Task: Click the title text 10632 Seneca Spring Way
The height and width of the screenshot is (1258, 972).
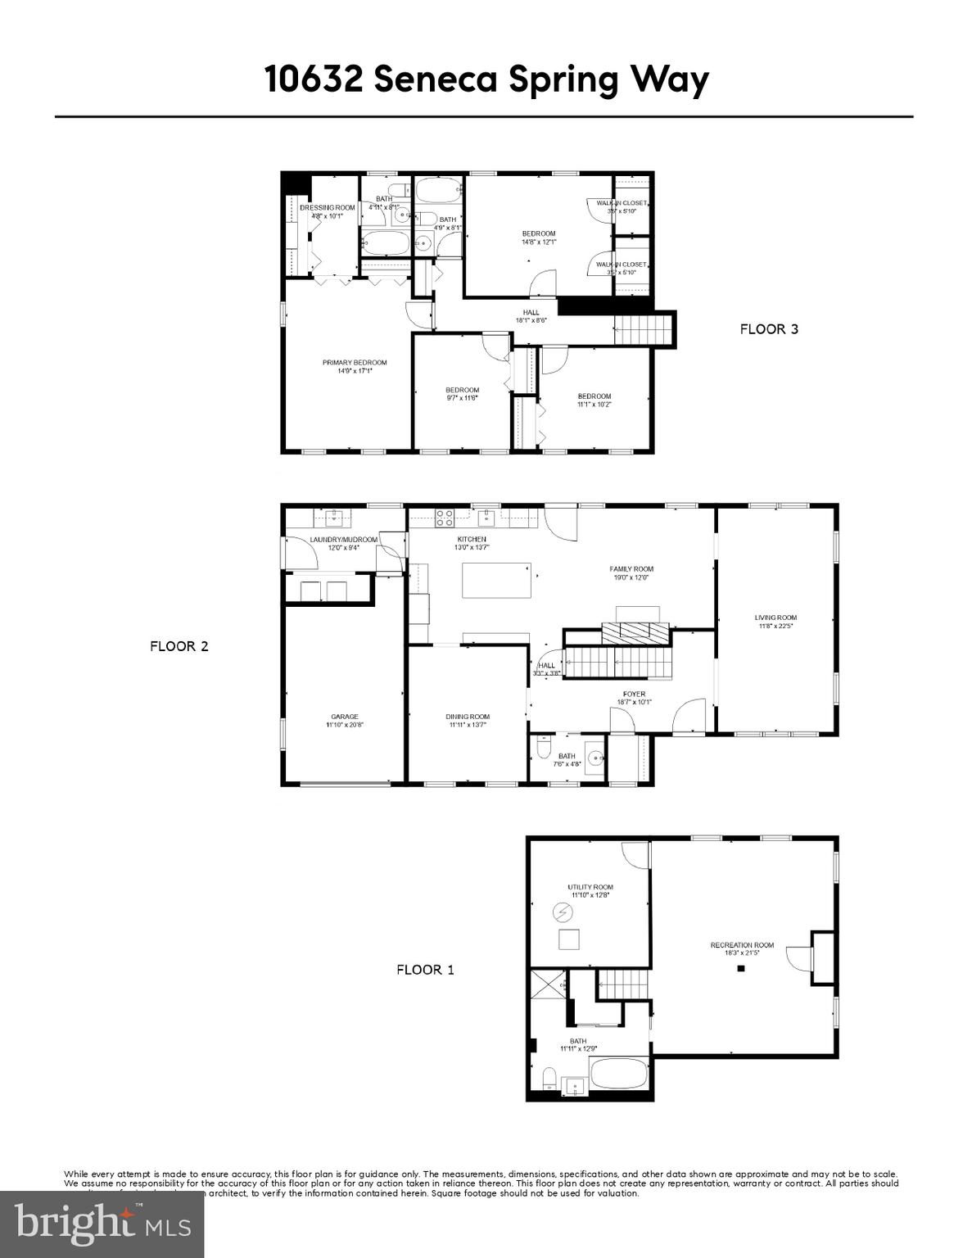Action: [x=486, y=80]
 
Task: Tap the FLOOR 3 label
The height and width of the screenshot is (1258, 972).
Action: [x=768, y=329]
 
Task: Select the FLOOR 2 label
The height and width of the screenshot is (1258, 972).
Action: [x=179, y=646]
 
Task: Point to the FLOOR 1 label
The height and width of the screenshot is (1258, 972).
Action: [x=425, y=970]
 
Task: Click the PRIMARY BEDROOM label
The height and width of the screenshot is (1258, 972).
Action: [x=354, y=363]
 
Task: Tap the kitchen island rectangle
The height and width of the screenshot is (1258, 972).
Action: [x=496, y=581]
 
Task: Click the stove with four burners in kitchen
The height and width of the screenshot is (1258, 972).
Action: [x=445, y=518]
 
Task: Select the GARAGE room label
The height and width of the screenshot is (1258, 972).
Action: [x=344, y=717]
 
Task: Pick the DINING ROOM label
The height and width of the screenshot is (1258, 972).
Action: [x=468, y=717]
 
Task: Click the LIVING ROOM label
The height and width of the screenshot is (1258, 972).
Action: [x=775, y=618]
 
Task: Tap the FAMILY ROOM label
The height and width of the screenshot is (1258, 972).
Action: [x=631, y=568]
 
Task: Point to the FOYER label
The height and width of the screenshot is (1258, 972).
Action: [x=635, y=694]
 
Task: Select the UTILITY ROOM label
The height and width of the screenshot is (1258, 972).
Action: [x=590, y=887]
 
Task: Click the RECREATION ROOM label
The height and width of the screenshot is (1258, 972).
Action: [x=741, y=945]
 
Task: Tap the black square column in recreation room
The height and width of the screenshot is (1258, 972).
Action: [x=740, y=968]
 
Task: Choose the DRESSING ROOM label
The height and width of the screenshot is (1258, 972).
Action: [x=327, y=207]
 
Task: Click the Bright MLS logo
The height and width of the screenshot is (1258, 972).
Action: [x=102, y=1225]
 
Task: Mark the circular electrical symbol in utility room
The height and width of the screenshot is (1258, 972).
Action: [x=563, y=912]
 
